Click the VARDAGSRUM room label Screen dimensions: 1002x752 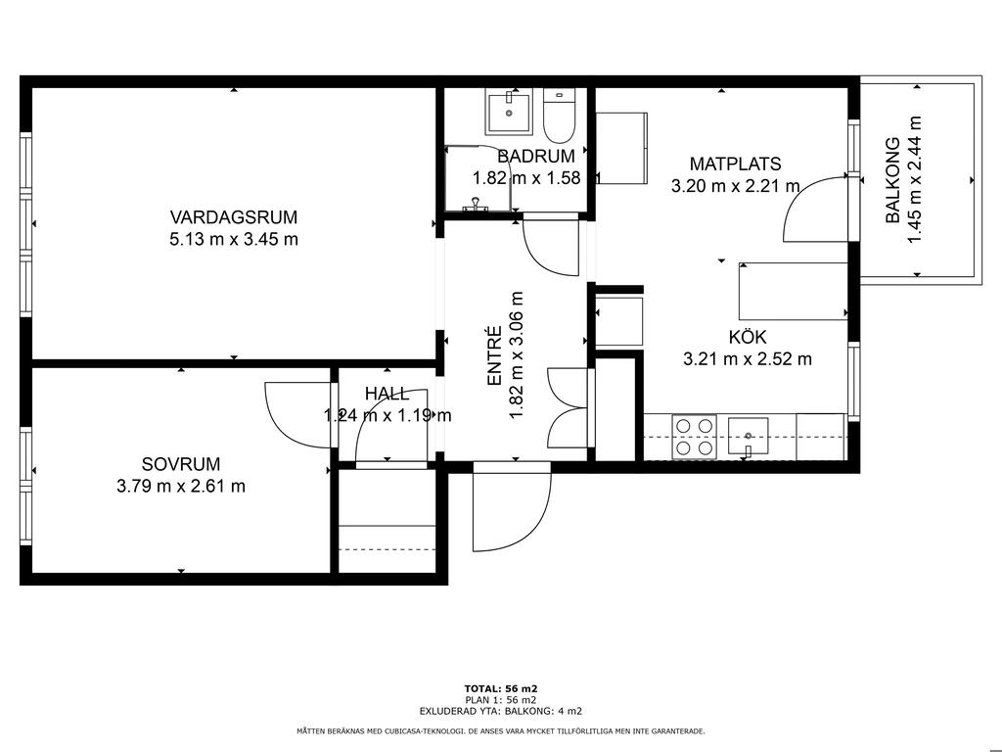click(x=234, y=217)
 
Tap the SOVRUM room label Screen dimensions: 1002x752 click(x=181, y=464)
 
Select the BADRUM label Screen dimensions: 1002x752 click(x=536, y=156)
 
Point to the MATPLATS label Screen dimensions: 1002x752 click(x=736, y=164)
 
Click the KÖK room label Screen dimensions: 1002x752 click(x=748, y=337)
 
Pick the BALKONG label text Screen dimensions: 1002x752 click(x=892, y=180)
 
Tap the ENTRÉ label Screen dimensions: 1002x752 click(x=494, y=355)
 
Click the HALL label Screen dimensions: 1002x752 click(x=387, y=394)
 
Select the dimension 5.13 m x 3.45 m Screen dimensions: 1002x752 click(x=234, y=240)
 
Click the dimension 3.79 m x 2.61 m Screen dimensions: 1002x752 click(x=181, y=487)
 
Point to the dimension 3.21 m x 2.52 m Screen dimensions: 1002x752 click(x=748, y=359)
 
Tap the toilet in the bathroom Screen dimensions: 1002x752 click(x=560, y=116)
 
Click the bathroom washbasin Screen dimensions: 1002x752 click(x=509, y=113)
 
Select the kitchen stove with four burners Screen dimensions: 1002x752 click(x=694, y=437)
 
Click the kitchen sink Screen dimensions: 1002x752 click(x=748, y=437)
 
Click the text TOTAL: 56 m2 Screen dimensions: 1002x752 click(x=501, y=688)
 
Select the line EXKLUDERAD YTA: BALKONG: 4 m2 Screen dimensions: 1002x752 click(x=501, y=711)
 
